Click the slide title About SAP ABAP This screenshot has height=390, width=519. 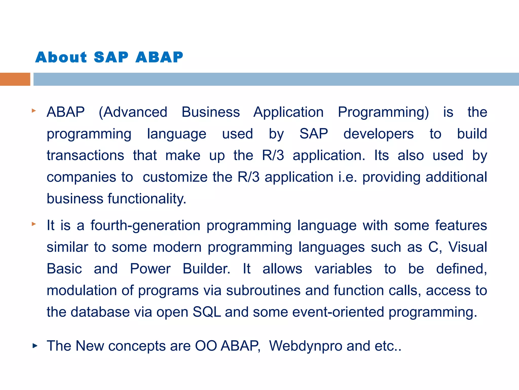[x=109, y=57]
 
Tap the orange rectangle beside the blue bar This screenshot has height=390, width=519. [x=15, y=79]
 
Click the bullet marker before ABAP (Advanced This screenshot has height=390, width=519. [x=34, y=111]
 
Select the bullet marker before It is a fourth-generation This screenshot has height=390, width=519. [x=34, y=224]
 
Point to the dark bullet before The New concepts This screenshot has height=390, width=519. [x=35, y=346]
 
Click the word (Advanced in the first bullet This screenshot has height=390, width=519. [x=133, y=112]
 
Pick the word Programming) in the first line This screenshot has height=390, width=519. [x=383, y=112]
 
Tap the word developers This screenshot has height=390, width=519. [x=378, y=134]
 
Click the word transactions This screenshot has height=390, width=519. [x=85, y=155]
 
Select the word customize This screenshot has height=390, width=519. [x=175, y=177]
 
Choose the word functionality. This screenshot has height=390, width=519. [x=147, y=199]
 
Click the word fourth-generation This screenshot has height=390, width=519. [x=145, y=225]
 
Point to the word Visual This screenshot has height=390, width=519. [x=468, y=247]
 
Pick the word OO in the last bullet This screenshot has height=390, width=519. [x=206, y=346]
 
